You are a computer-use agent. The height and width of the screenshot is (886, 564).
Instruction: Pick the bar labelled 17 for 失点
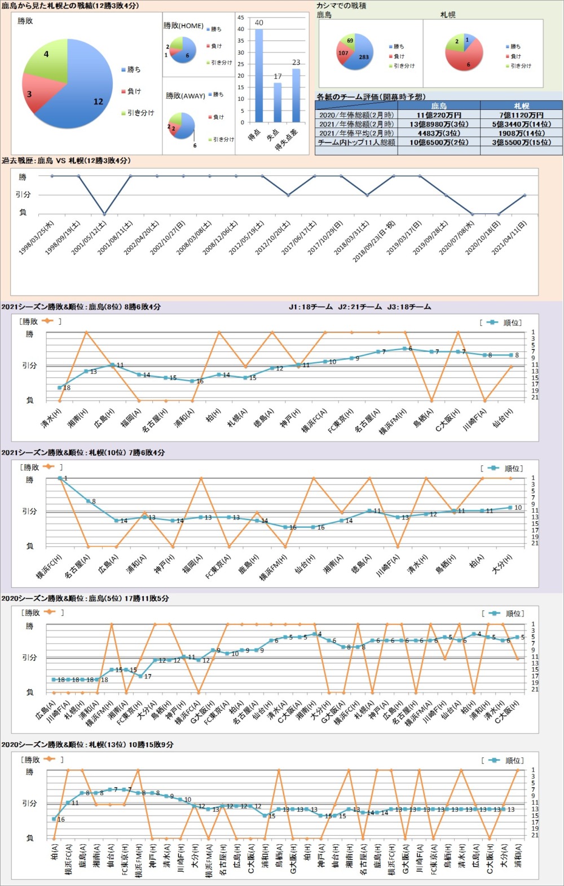coord(277,102)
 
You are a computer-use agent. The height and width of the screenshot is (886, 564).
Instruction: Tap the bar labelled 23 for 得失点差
coord(296,95)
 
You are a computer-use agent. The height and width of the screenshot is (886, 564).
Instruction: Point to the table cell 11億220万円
coord(439,115)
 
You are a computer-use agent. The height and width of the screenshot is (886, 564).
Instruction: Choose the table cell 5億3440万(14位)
coord(521,124)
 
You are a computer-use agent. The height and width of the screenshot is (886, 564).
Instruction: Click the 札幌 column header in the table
coord(521,105)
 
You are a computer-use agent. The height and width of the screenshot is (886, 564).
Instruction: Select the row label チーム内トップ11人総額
coord(356,143)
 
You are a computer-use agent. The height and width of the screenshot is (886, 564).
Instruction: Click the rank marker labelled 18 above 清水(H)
coord(60,387)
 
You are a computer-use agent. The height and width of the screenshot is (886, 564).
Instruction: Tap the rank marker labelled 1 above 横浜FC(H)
coord(60,478)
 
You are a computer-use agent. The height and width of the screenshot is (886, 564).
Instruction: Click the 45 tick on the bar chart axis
coord(241,18)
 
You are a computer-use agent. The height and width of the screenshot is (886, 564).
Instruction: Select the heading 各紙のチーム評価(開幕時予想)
coord(371,97)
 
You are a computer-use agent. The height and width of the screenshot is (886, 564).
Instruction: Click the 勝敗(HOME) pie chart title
coord(183,26)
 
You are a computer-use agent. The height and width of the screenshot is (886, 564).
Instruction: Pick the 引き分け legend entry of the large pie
coord(138,113)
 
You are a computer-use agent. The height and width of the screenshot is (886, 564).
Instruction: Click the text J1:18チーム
coord(311,307)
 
